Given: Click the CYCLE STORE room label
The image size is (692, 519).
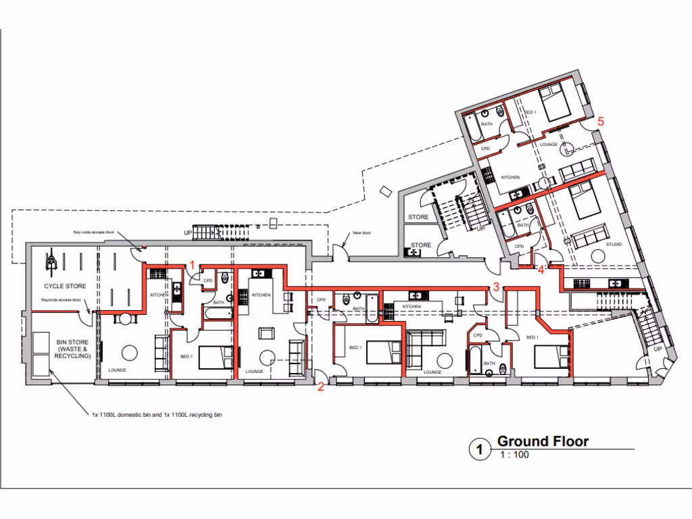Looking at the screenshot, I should tap(61, 287).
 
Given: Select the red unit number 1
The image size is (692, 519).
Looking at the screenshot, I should tap(192, 266).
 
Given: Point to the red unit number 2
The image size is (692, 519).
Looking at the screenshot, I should tap(321, 387).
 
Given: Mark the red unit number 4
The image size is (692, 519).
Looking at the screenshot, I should tap(541, 271).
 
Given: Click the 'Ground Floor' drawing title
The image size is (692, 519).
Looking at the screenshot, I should tap(543, 442).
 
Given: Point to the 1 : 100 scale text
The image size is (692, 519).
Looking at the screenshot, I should tap(514, 455).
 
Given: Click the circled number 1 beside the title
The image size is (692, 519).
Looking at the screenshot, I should tap(479, 449).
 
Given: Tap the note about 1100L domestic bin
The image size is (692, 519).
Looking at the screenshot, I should tap(157, 415).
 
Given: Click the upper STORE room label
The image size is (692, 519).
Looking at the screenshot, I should tap(419, 217).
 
